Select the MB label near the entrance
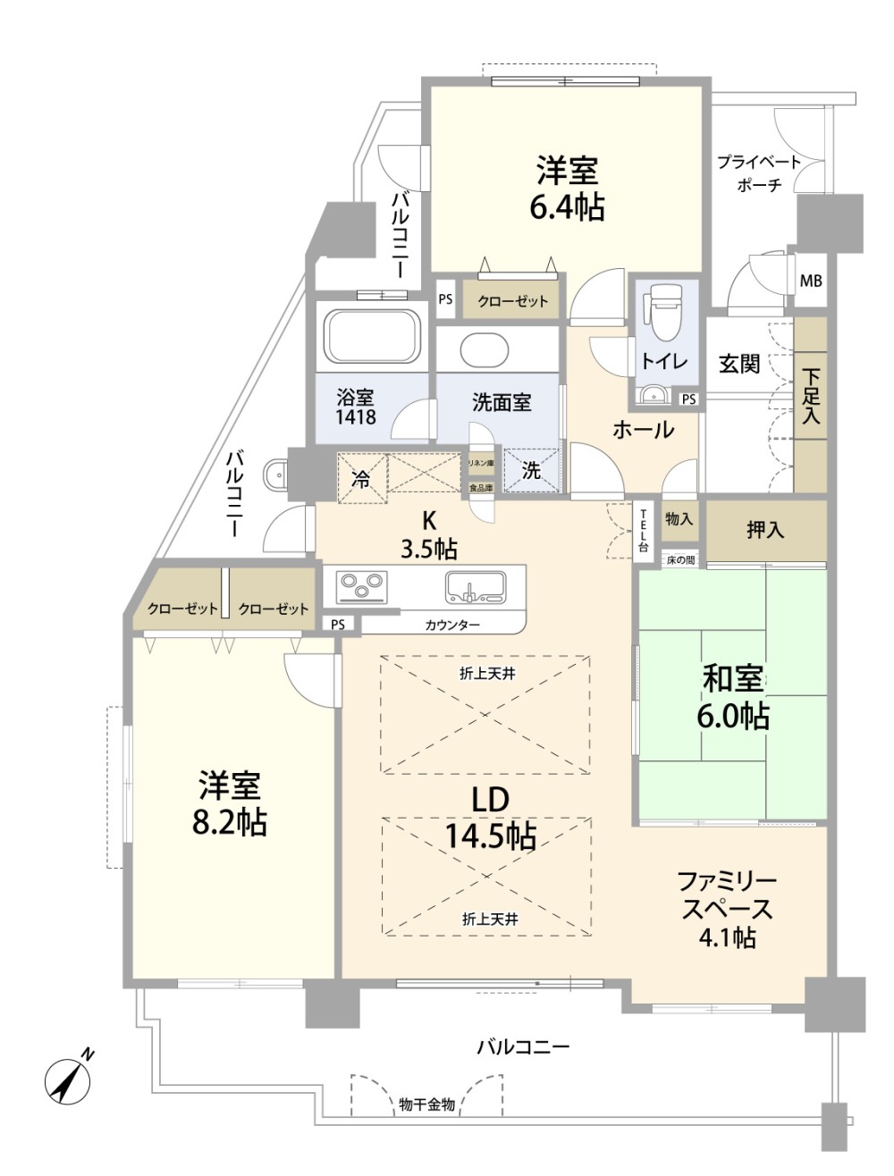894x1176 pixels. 811,281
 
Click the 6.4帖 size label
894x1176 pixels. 567,207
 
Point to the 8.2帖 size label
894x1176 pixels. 230,822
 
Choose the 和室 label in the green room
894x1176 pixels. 733,679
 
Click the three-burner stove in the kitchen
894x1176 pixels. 361,587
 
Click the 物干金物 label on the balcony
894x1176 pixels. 427,1105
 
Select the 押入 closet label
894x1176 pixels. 765,530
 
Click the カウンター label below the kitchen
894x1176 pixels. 452,626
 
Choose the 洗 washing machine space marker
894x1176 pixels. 532,471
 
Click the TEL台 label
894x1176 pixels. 643,530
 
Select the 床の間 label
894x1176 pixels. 680,560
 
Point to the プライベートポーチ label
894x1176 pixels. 758,173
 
